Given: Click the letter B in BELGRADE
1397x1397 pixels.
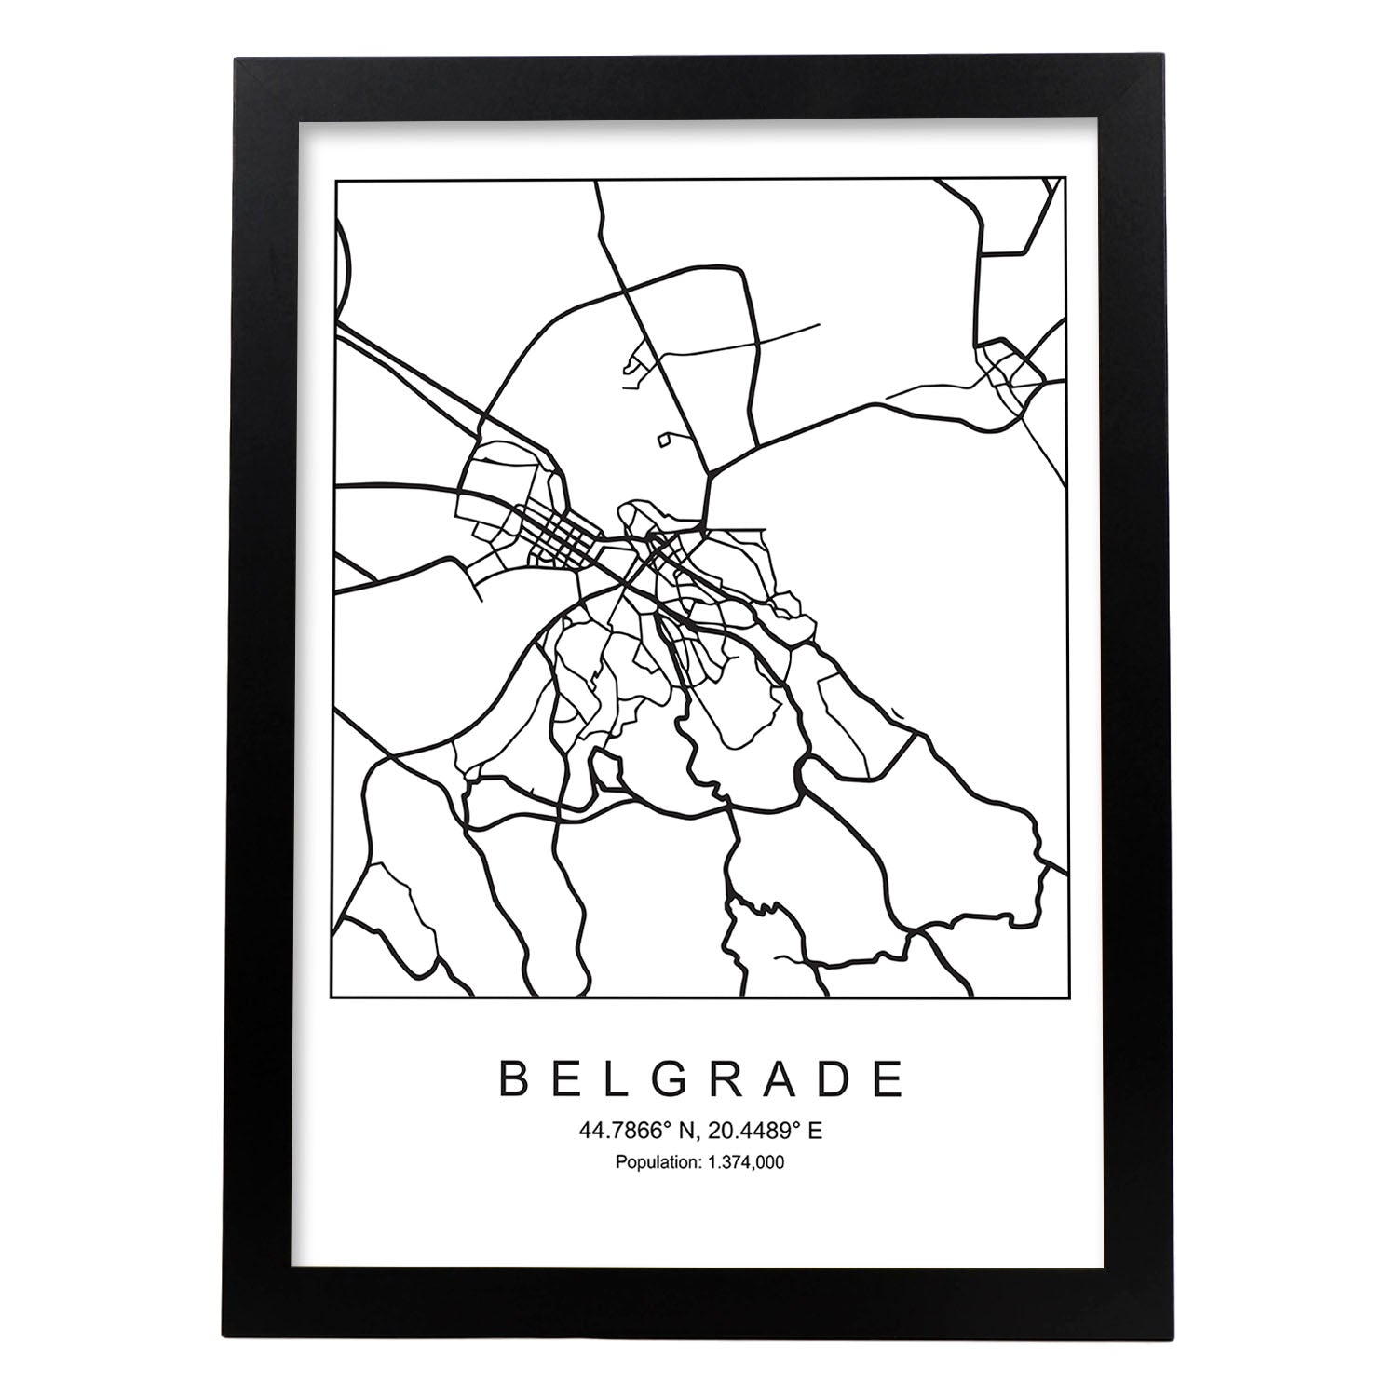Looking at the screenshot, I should pos(513,1079).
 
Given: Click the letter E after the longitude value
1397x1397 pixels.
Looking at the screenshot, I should pos(815,1132).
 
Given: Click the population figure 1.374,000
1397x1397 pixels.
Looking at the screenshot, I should pos(739,1162).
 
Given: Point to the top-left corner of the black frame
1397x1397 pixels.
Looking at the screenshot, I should pos(236,59).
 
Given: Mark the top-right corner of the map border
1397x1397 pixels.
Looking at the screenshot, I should pos(1065,180).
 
